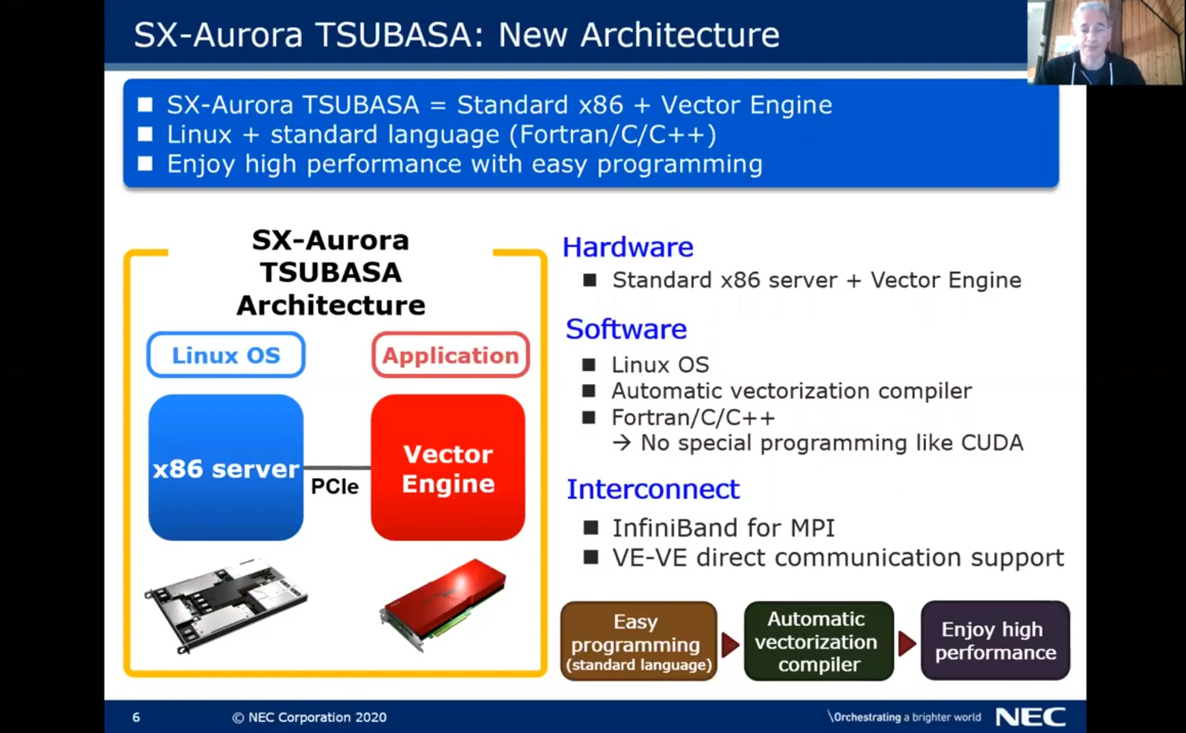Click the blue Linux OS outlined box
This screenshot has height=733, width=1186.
(226, 355)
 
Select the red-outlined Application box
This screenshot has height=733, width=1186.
(450, 355)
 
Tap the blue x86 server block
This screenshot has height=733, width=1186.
(226, 468)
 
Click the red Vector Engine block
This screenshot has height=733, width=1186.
(448, 468)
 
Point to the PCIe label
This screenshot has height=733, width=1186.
(334, 486)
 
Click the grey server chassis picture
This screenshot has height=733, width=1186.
(226, 603)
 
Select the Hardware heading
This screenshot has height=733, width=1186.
(627, 247)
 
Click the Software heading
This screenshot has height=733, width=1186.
(626, 329)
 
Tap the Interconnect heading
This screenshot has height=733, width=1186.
(653, 489)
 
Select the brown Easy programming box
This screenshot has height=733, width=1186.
(638, 641)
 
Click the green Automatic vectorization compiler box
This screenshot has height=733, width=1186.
(818, 641)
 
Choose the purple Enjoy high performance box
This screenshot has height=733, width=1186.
(995, 640)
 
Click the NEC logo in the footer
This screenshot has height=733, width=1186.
(1030, 717)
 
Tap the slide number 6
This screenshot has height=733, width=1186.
(136, 717)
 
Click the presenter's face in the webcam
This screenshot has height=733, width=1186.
(1093, 31)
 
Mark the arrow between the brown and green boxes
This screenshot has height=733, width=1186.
(730, 643)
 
